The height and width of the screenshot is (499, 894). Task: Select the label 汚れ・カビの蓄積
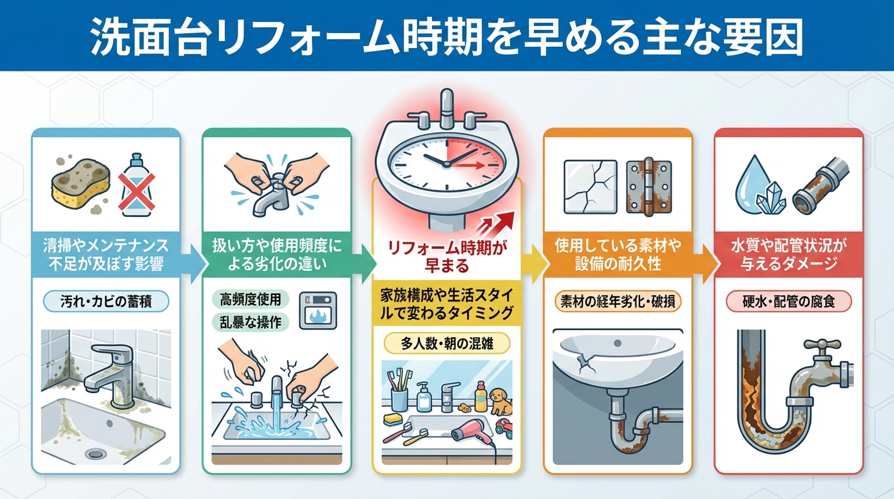[106, 301]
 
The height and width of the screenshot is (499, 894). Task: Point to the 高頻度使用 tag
[251, 300]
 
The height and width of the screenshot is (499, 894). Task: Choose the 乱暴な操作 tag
[251, 322]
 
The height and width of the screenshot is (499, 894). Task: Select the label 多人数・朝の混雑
[446, 342]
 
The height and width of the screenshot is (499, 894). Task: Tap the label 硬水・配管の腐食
[788, 301]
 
